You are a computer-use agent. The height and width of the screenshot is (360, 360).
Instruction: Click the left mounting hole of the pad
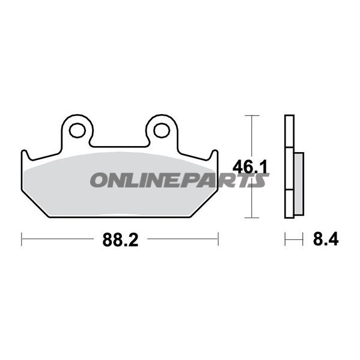[78, 130]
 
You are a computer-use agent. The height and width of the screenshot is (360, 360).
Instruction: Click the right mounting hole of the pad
[162, 130]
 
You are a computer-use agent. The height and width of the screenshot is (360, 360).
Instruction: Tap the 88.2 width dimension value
[120, 240]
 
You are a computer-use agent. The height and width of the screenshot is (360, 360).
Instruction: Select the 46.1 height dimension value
[250, 167]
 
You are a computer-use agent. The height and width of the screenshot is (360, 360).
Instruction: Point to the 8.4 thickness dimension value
[326, 239]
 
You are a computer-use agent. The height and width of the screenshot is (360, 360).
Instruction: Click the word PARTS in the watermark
[226, 180]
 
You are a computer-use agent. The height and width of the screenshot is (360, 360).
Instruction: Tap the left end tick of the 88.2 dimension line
[22, 239]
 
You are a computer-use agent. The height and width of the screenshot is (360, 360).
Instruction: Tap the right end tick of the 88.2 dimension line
[218, 239]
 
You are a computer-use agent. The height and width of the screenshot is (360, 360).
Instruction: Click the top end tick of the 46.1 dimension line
[252, 115]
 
